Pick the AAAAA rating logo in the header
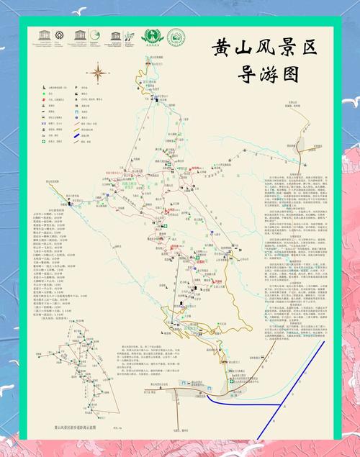pos(152,37)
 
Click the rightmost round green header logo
pos(175,37)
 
